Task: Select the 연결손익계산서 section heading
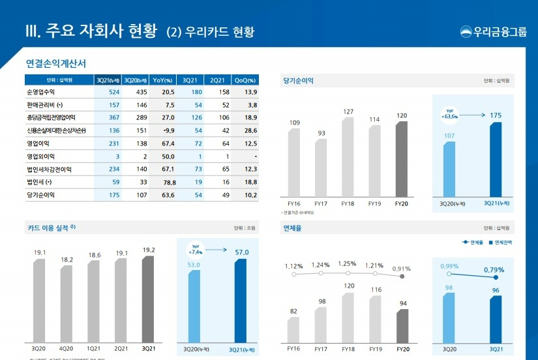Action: pos(56,64)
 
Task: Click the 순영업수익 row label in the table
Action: pos(40,92)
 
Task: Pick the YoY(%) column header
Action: pos(162,80)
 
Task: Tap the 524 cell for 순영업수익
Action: pos(114,92)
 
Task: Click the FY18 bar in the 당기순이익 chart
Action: pos(348,157)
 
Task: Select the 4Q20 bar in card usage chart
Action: pos(67,303)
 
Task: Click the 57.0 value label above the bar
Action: pos(242,252)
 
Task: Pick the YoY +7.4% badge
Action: pos(196,250)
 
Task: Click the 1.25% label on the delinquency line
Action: pos(348,263)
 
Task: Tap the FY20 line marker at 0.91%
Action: pos(402,277)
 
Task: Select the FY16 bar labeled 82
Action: pos(293,330)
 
